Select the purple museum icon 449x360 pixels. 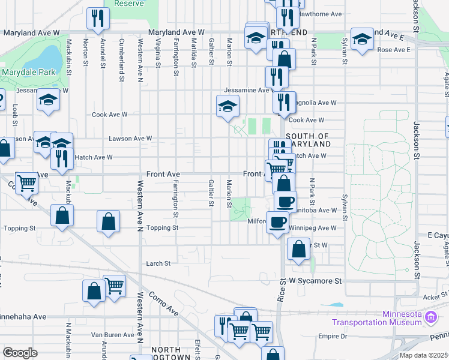(x=430, y=317)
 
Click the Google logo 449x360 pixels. (x=20, y=352)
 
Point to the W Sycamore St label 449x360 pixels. (x=315, y=281)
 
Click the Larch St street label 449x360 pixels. (x=158, y=263)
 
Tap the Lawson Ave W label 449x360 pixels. (x=130, y=139)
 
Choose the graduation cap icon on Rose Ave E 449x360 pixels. (x=362, y=40)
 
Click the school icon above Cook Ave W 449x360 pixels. (x=228, y=106)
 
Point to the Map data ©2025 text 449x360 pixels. (x=423, y=355)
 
